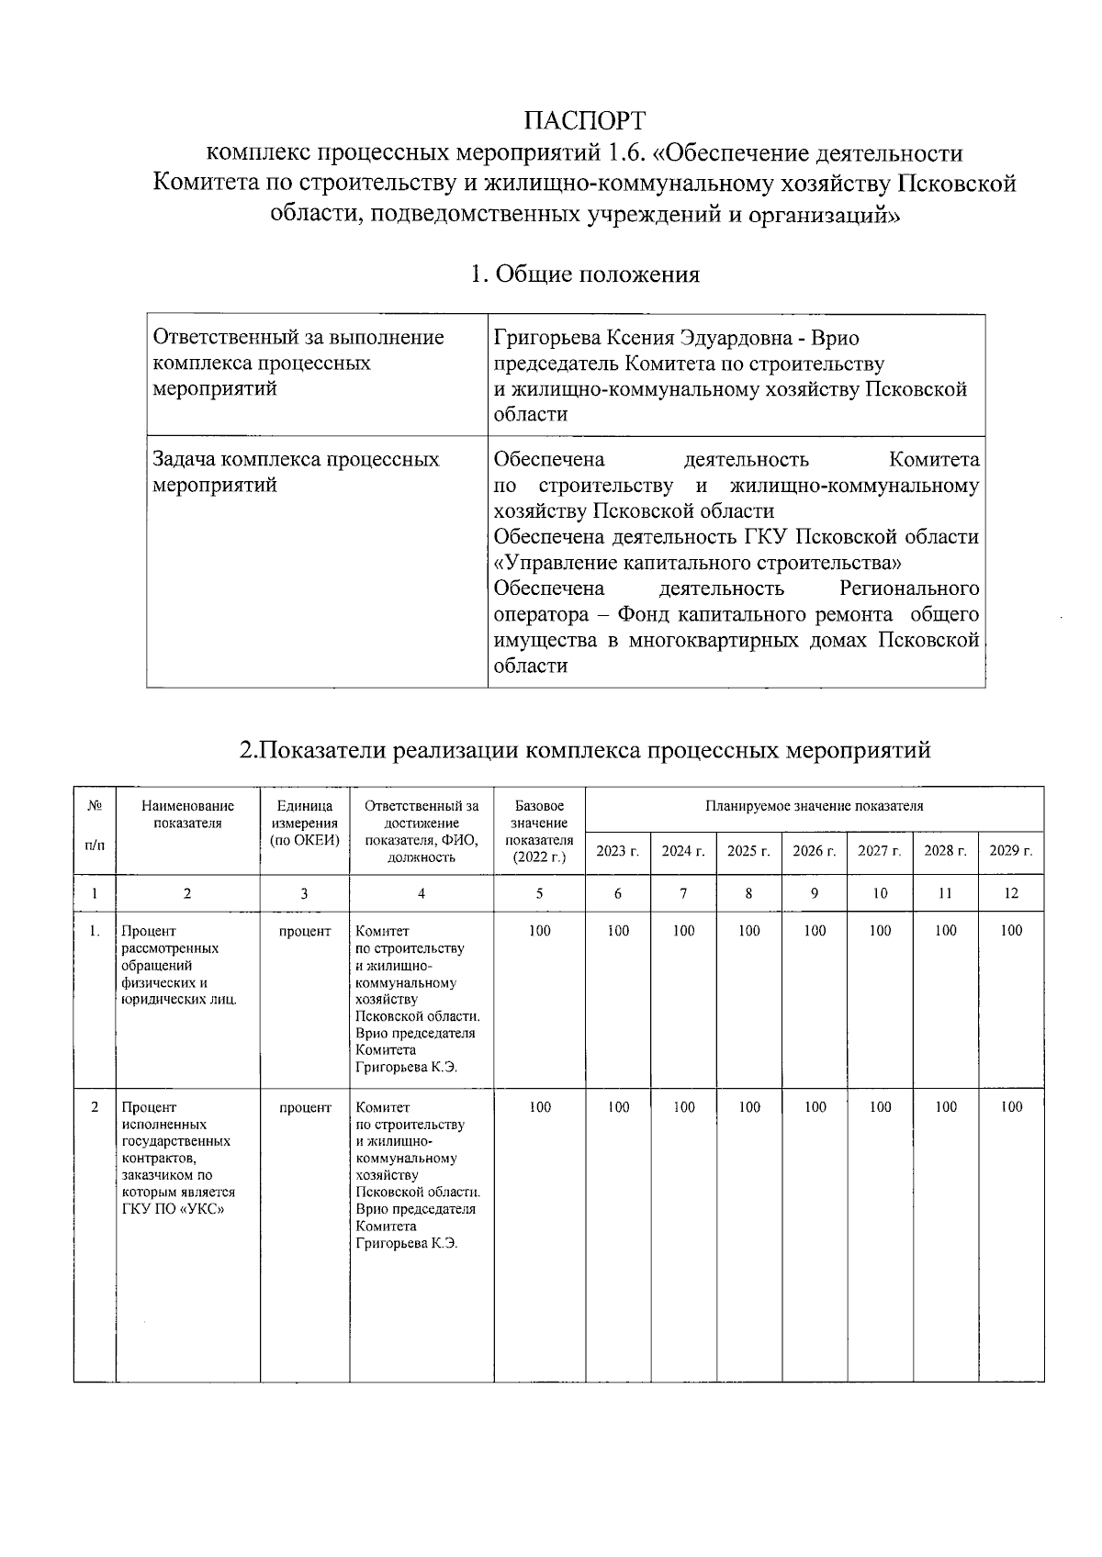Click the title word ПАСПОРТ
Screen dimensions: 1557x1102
[x=584, y=121]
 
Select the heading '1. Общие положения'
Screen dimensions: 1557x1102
[x=584, y=274]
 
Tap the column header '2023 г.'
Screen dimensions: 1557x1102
[x=617, y=851]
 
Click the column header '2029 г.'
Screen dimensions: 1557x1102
[x=1010, y=851]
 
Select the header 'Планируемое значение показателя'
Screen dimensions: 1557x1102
[x=814, y=806]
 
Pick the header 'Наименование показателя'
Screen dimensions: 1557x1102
[x=187, y=814]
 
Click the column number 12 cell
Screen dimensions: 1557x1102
[x=1010, y=893]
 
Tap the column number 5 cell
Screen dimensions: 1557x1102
[x=539, y=893]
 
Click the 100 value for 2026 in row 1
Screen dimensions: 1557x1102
[x=815, y=931]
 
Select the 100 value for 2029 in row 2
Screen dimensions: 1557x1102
[x=1010, y=1107]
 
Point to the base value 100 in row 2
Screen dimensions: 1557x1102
[x=540, y=1107]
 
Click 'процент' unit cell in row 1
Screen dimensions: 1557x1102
[x=305, y=931]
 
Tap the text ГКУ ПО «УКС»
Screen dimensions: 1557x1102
[x=174, y=1209]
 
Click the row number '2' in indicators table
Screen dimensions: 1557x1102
[x=95, y=1107]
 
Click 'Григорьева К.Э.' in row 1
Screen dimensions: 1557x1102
[x=406, y=1067]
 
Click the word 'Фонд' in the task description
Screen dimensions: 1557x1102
[x=643, y=614]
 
